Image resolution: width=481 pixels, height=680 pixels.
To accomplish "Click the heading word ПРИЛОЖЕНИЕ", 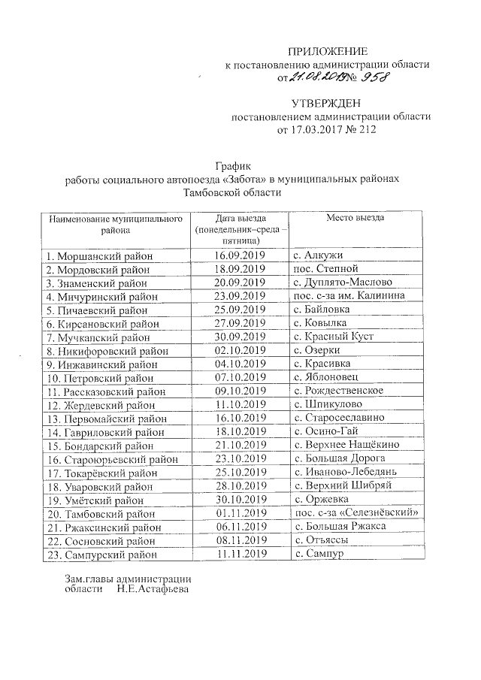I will point(328,52).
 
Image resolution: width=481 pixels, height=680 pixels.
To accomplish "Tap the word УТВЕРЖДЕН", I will point(328,103).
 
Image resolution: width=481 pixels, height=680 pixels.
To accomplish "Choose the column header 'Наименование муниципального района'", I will point(116,223).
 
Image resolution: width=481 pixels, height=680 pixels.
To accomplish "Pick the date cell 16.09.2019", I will point(240,256).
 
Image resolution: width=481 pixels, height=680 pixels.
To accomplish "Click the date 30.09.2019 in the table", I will point(240,336).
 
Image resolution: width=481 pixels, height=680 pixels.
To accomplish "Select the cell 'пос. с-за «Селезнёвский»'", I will point(353,513).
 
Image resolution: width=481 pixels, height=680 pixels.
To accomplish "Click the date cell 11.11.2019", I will point(240,554).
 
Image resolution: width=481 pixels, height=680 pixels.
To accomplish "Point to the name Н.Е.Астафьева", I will point(153,589).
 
